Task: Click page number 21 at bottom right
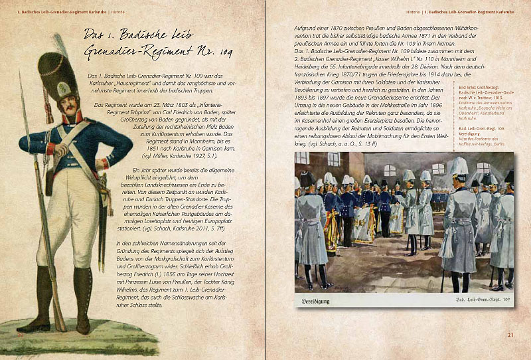[510, 334]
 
